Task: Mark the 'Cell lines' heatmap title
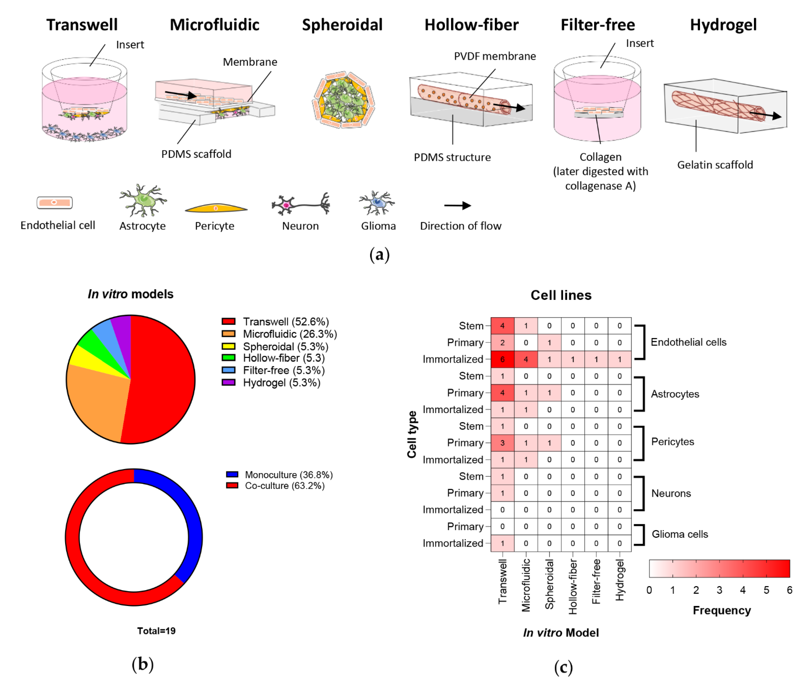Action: point(561,295)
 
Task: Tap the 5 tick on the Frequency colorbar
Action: point(766,590)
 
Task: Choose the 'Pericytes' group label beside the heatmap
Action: point(672,442)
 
